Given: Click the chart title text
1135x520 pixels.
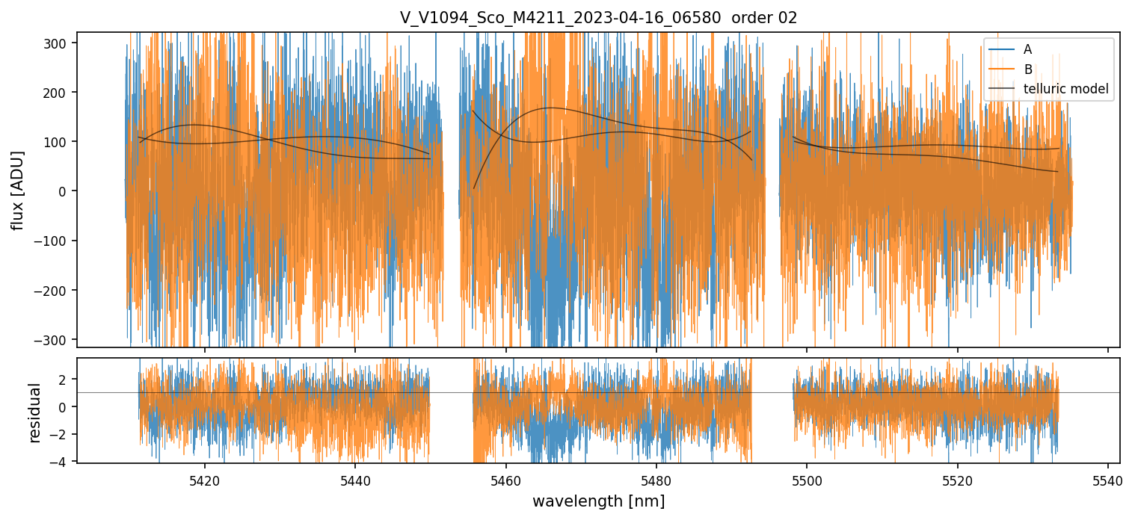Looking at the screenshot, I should [x=598, y=18].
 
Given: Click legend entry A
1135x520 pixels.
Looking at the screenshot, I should [x=1027, y=49].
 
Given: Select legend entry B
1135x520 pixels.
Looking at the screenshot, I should [x=1027, y=69].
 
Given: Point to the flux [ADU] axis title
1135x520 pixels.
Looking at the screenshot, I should [x=17, y=190].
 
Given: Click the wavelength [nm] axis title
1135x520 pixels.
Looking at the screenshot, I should [x=598, y=501].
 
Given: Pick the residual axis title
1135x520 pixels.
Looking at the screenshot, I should [x=34, y=412].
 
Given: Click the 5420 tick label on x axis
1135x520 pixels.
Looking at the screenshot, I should [x=205, y=479].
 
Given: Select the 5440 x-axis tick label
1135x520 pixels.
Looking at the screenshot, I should [x=355, y=479].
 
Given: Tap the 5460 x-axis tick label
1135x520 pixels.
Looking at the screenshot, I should [x=506, y=479].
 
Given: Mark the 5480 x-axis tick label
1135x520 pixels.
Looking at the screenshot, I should [x=656, y=479].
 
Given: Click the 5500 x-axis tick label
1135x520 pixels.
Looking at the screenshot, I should [x=807, y=479].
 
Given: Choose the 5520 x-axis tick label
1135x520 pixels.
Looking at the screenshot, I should [x=958, y=479].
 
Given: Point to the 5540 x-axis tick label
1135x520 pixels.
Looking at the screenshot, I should [x=1108, y=479].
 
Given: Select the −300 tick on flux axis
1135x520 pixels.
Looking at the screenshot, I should [x=56, y=339].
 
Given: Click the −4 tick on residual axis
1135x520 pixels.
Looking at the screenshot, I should [x=63, y=462].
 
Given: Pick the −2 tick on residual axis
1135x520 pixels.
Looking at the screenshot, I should [x=63, y=435].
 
